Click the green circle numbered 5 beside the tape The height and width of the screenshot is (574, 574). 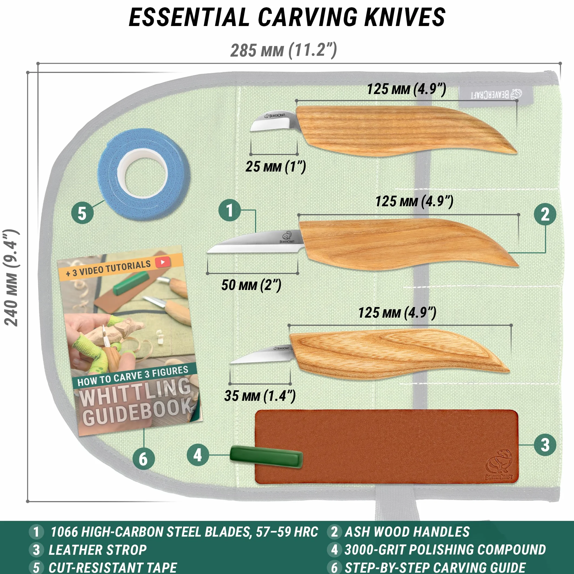pos(82,213)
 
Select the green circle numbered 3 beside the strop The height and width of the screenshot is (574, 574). pos(545,445)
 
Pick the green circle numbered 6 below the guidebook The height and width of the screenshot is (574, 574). pos(144,459)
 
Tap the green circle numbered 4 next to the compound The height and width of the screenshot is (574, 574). pos(198,455)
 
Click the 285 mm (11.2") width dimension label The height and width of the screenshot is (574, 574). pos(284,50)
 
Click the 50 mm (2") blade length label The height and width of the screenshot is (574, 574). pos(251,285)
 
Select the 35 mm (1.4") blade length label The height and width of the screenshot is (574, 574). pos(260,396)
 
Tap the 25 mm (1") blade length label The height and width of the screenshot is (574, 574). pos(275,167)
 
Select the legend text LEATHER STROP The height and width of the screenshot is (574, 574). pos(98,550)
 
